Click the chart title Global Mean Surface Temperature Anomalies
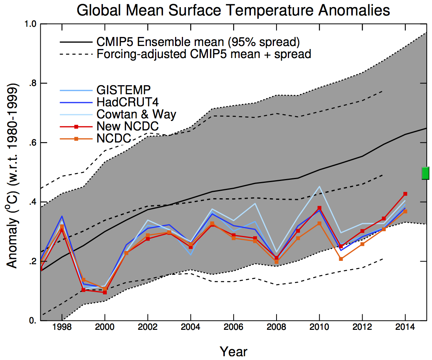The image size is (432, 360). (x=233, y=10)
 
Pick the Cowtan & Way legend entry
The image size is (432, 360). (x=136, y=114)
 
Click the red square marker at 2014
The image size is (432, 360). (x=405, y=194)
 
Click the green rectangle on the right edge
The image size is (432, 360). (x=426, y=173)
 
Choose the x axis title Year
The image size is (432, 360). (x=234, y=351)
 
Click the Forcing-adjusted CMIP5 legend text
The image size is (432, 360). (x=204, y=54)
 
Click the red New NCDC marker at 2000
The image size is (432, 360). (x=105, y=292)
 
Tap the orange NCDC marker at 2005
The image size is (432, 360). (x=212, y=224)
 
